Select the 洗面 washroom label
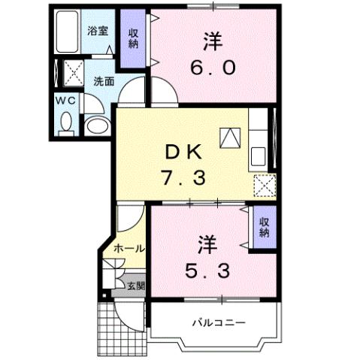coord(104,81)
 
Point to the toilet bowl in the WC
coord(65,121)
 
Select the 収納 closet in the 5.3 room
coord(265,227)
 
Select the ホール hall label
coord(129,248)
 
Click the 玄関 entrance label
coord(134,285)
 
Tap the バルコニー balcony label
coord(217,323)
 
